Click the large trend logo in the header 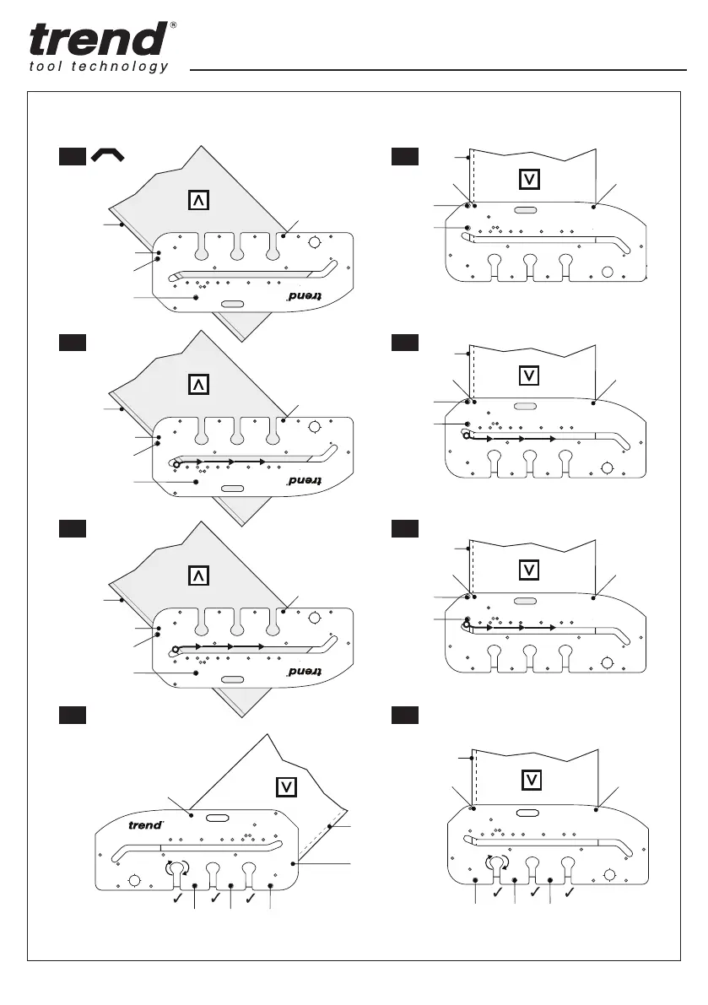pos(97,40)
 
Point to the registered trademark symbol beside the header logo pos(173,24)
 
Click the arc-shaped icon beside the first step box pos(109,154)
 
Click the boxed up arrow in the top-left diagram pos(198,200)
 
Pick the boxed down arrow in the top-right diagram pos(529,180)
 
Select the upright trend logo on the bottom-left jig pos(144,825)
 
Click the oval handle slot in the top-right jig pos(524,210)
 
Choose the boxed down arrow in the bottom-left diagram pos(287,786)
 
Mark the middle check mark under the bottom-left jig pos(213,900)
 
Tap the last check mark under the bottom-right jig pos(570,891)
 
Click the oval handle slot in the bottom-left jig pos(218,818)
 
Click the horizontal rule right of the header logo pos(439,69)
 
